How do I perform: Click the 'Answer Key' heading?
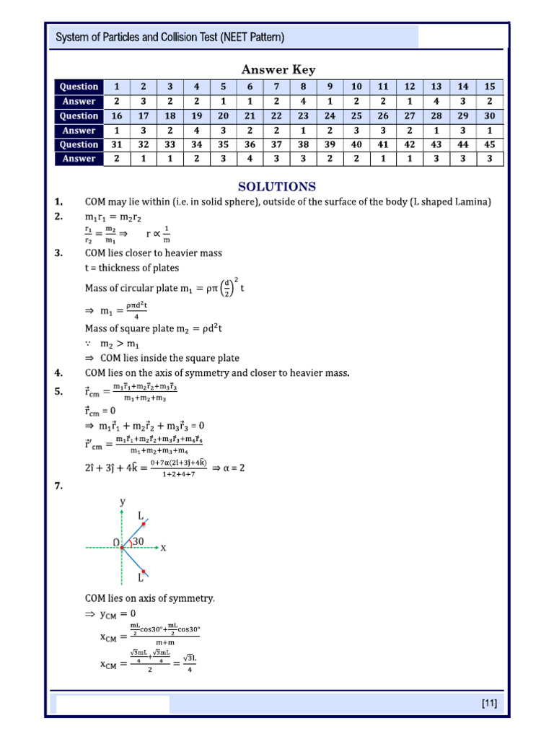point(278,69)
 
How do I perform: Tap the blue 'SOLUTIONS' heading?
point(277,186)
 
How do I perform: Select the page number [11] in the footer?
point(488,703)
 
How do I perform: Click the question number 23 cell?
point(303,115)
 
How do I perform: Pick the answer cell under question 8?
point(303,102)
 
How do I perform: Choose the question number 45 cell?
point(489,144)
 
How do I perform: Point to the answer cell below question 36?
point(250,159)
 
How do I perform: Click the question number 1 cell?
point(116,87)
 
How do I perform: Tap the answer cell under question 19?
point(196,131)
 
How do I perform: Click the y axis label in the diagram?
point(123,501)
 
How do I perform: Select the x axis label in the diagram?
point(163,548)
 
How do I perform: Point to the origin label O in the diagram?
point(115,542)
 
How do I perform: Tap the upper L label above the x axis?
point(141,515)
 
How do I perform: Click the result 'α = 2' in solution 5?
point(229,468)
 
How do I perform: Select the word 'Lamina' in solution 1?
point(473,202)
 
